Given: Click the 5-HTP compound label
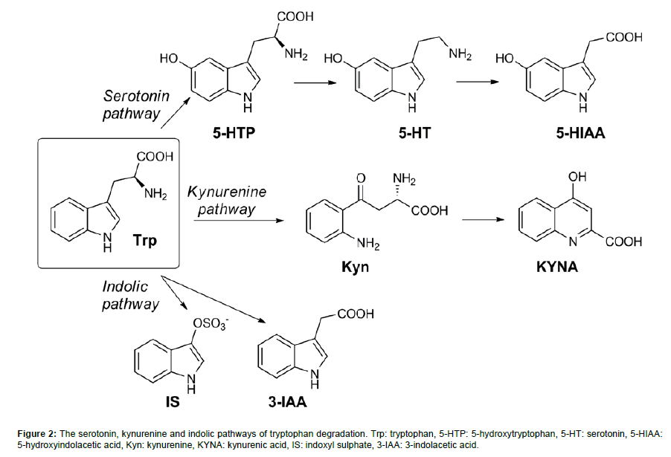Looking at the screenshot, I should [x=233, y=134].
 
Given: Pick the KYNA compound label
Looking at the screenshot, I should [x=557, y=265].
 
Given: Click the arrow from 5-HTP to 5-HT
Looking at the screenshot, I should [x=315, y=83].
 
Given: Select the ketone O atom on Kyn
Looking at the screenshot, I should [x=362, y=178].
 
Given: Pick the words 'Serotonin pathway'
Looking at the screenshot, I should [x=132, y=105].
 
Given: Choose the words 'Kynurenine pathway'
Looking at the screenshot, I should [x=226, y=200].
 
